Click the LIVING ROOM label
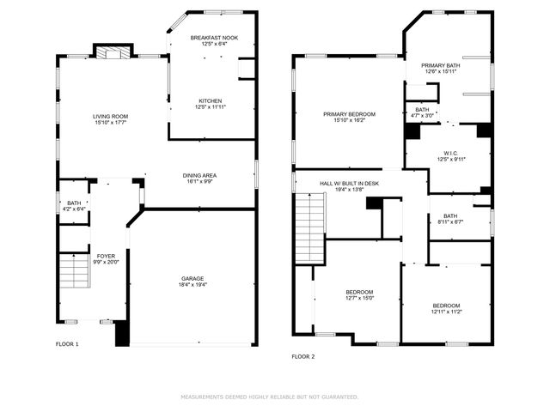coord(111,116)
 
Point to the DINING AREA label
coord(199,175)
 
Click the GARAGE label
coord(192,279)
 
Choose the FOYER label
coord(106,256)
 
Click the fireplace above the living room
coord(110,53)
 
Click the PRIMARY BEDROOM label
coord(349,114)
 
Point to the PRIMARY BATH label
coord(440,65)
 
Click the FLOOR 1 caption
coord(66,344)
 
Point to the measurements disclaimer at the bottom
coord(269,397)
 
